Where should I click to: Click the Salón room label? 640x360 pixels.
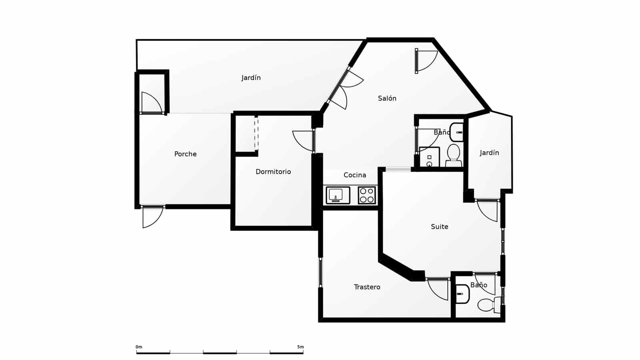[x=387, y=98]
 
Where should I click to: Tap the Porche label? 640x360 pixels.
[x=185, y=154]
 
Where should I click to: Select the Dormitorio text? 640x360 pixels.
[x=273, y=172]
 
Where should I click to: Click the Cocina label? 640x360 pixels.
[x=355, y=175]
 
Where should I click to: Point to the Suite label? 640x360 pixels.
[x=439, y=227]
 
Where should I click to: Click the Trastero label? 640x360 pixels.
[x=367, y=287]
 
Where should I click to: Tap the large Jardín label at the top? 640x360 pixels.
[x=251, y=78]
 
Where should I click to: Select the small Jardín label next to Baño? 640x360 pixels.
[x=489, y=153]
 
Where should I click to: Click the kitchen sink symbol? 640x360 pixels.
[x=338, y=195]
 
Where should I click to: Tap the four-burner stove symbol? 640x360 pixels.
[x=367, y=195]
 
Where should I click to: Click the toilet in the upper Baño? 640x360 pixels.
[x=454, y=155]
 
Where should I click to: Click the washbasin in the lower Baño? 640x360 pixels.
[x=462, y=294]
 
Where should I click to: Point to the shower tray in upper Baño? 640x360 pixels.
[x=429, y=157]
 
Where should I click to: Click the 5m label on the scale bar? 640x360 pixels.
[x=300, y=347]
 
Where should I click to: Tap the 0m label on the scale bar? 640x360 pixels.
[x=139, y=347]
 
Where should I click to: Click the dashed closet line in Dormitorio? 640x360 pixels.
[x=256, y=133]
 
